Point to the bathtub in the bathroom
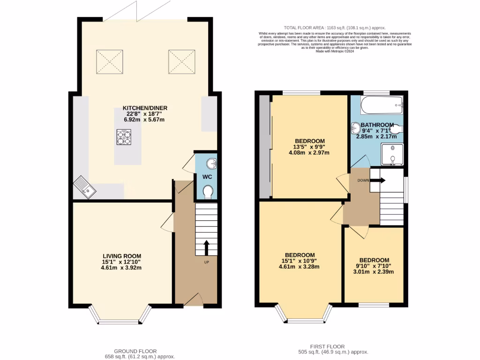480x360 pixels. click(382, 105)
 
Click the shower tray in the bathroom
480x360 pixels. click(392, 154)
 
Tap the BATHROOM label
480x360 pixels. click(378, 125)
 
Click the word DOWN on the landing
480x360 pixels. click(362, 180)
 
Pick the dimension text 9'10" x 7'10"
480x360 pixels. click(374, 267)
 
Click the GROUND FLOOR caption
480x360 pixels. click(135, 351)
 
